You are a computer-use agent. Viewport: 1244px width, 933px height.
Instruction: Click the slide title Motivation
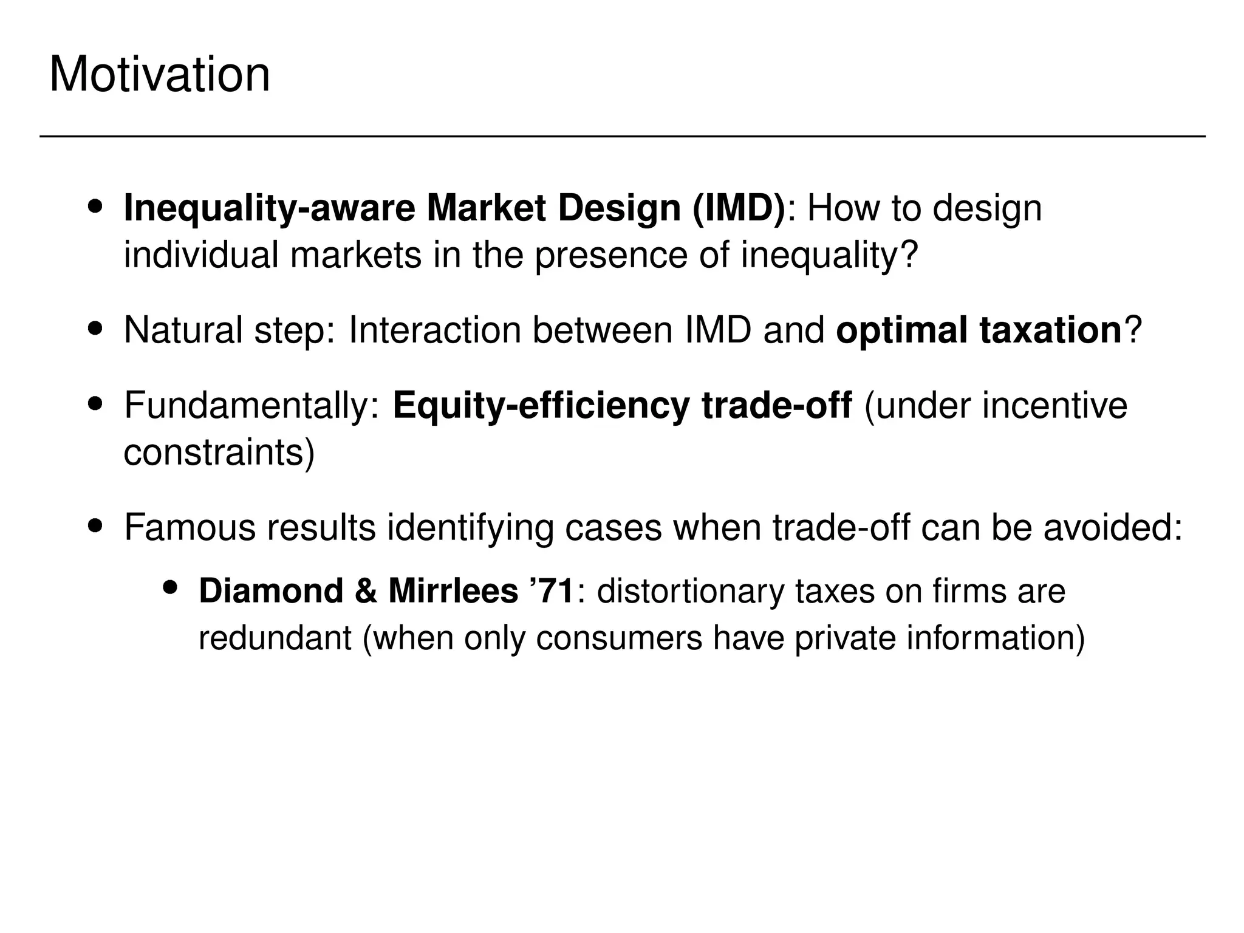[159, 75]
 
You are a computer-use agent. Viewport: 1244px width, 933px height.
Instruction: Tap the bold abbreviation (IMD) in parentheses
[737, 208]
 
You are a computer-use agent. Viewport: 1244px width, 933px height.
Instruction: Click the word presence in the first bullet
[611, 255]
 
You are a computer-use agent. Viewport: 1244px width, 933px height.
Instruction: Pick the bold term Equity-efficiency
[541, 406]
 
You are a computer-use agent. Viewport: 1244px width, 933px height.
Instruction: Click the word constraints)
[219, 453]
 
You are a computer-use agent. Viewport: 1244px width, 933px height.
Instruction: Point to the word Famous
[190, 527]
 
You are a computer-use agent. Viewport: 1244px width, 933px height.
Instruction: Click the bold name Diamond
[271, 591]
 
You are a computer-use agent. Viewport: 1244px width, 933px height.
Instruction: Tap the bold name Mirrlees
[453, 591]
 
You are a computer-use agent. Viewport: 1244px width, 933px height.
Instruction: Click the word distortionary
[690, 591]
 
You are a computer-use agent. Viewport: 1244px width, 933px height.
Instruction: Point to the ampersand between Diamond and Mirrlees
[366, 591]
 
